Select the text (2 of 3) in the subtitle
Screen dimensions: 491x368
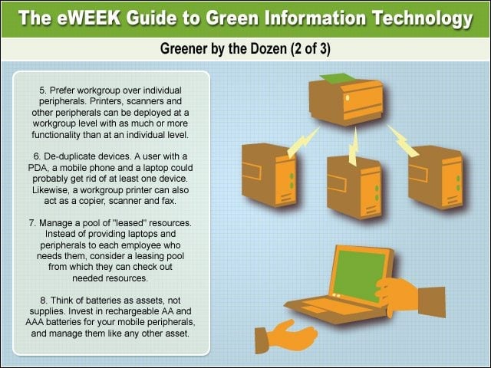[x=310, y=49]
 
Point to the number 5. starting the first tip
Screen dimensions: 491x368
[x=43, y=90]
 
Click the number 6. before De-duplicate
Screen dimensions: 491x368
[x=37, y=156]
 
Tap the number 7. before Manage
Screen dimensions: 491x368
[x=32, y=223]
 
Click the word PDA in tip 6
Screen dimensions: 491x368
[x=38, y=168]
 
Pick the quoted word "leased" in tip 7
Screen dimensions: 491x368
[x=130, y=223]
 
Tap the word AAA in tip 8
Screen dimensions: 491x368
[x=35, y=322]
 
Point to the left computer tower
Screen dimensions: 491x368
[x=269, y=175]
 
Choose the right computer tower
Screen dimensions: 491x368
[x=436, y=177]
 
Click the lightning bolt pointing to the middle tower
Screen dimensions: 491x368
[x=354, y=146]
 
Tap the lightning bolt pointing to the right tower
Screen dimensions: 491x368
[x=402, y=141]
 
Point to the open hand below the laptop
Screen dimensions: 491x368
[x=285, y=336]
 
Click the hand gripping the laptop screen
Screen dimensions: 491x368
[x=410, y=297]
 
